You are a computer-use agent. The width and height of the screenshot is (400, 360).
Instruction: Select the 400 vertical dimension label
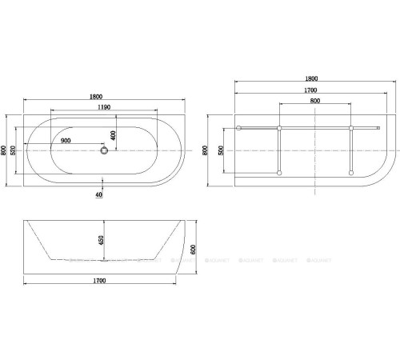point(114,135)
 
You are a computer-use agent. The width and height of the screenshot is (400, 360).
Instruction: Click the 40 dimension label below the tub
point(98,194)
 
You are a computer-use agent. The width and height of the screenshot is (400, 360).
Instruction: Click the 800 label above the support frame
point(315,101)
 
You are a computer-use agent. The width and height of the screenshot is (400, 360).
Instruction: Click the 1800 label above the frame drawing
point(312,78)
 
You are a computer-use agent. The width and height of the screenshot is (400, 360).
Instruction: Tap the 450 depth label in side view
point(101,239)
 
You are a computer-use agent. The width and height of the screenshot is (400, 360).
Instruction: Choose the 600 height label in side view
point(194,249)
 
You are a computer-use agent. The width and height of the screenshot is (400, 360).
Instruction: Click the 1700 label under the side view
point(100,282)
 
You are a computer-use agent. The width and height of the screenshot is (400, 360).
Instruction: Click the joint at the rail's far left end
point(238,126)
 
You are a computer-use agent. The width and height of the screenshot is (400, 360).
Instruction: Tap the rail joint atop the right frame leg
point(352,126)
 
